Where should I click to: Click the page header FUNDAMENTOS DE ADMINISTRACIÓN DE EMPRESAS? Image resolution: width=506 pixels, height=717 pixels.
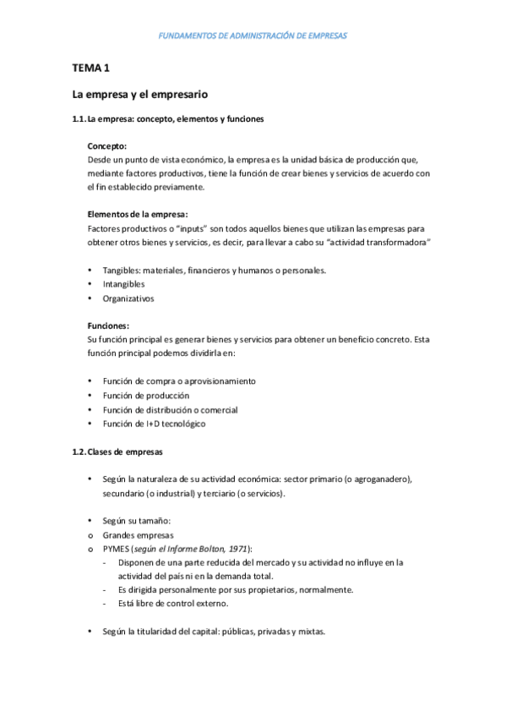[x=253, y=36]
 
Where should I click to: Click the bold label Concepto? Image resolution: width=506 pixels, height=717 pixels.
[x=107, y=145]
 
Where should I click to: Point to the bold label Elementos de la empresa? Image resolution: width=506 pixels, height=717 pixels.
[x=138, y=214]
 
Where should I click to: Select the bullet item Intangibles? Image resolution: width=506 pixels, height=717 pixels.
[x=123, y=284]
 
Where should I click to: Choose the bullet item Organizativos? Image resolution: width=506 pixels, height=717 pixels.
[x=128, y=298]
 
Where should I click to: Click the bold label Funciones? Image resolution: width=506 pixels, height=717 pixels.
[x=108, y=326]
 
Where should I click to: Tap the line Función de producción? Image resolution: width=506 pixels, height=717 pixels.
[x=145, y=395]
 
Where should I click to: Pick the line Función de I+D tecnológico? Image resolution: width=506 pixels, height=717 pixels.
[x=154, y=424]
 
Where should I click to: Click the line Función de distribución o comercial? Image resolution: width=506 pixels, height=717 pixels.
[x=170, y=409]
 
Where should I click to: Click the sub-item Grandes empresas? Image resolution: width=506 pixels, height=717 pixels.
[x=139, y=534]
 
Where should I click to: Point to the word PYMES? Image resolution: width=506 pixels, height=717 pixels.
[x=117, y=548]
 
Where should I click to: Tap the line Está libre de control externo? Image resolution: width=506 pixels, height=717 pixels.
[x=173, y=604]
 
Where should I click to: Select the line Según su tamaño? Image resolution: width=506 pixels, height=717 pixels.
[x=136, y=520]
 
